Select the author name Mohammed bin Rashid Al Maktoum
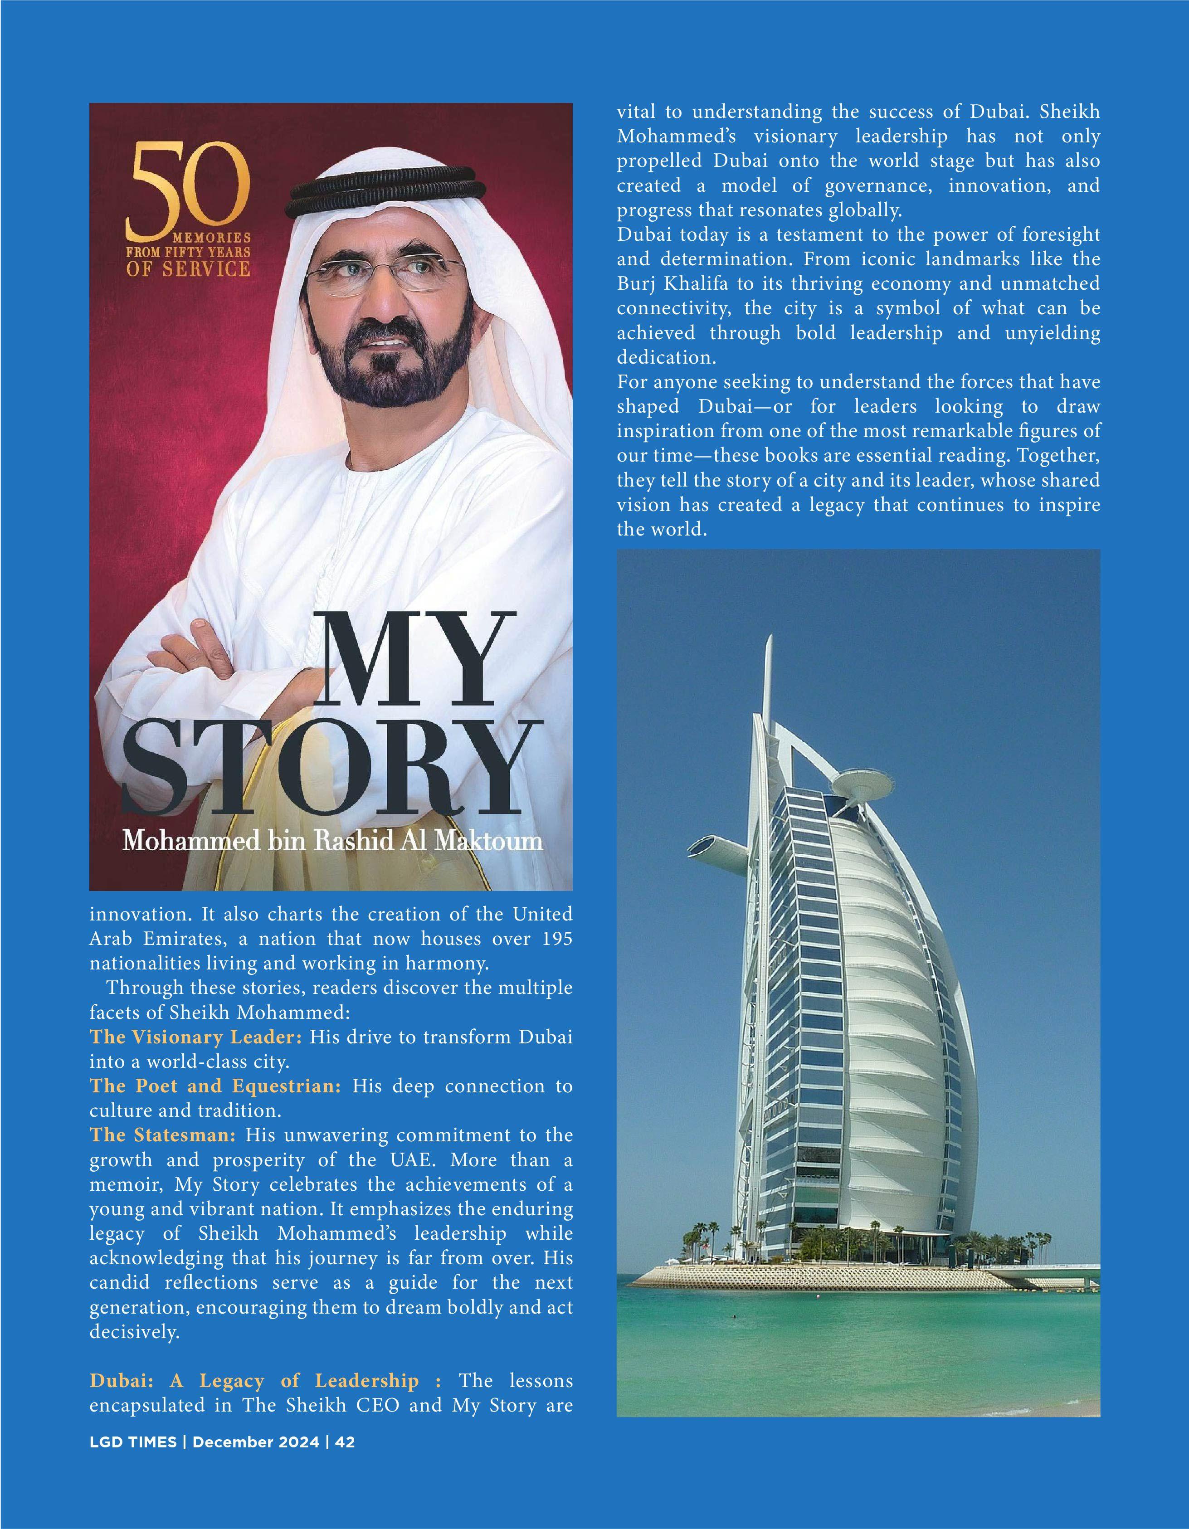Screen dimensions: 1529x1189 (x=332, y=840)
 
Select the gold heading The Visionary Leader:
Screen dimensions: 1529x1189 (x=195, y=1037)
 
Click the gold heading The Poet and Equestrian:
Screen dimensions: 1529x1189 (x=215, y=1086)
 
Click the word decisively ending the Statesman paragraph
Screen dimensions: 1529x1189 (x=134, y=1332)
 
